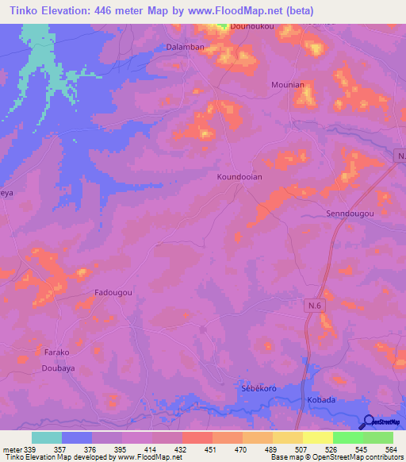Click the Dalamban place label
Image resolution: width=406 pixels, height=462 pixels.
pos(186,48)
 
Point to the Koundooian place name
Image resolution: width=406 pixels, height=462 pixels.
pos(239,178)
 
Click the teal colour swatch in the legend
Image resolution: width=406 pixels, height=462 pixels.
pos(47,437)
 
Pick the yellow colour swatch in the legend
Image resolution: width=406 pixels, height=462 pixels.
pos(318,437)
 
